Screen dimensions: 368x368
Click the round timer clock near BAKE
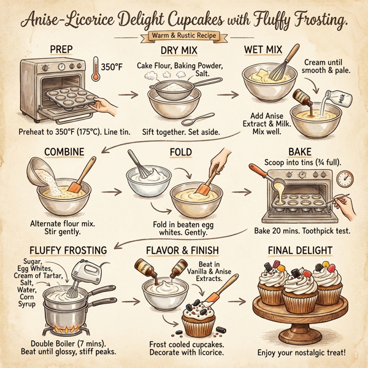(x=345, y=178)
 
